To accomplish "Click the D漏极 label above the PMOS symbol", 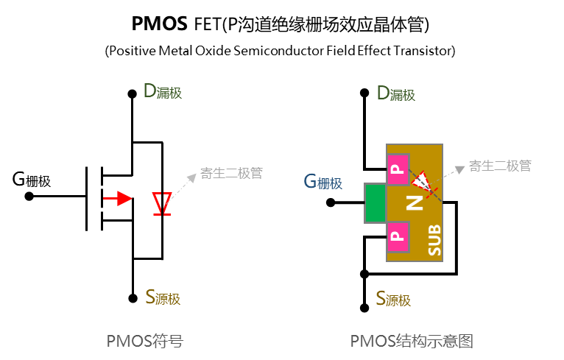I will (x=162, y=92).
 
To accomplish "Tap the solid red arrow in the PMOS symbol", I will (x=117, y=198).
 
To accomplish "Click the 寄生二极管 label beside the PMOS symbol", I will (x=231, y=174).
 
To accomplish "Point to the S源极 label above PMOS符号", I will (x=162, y=298).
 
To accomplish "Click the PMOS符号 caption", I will (x=144, y=341).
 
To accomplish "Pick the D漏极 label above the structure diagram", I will (x=395, y=93).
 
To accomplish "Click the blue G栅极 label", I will (x=322, y=182).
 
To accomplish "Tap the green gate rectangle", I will (x=375, y=202).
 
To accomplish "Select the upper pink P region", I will (x=398, y=170).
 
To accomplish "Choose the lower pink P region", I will (x=398, y=236).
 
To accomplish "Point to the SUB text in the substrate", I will (x=434, y=239).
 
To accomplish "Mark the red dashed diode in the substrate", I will (x=423, y=180).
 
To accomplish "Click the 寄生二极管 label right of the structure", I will (x=500, y=166).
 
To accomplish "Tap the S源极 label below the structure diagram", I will (x=392, y=299).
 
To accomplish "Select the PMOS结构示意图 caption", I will (x=411, y=341).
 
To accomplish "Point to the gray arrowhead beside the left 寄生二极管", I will (x=194, y=176).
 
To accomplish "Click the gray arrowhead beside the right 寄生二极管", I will (x=460, y=169).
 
